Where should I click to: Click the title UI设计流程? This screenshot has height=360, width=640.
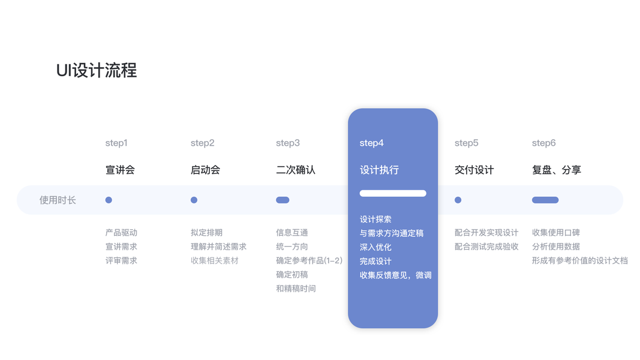pos(97,71)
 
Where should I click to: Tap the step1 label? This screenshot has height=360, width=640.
pos(116,143)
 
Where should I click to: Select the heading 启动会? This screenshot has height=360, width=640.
pos(205,170)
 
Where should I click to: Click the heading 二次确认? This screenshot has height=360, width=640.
pos(295,170)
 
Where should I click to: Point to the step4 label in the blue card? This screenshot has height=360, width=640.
pos(371,143)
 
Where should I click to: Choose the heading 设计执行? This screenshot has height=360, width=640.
pos(379,170)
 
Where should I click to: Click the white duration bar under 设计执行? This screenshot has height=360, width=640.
pos(393,193)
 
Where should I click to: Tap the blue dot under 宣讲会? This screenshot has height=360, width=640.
pos(109,200)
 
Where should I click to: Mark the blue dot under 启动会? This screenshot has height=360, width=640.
pos(194,200)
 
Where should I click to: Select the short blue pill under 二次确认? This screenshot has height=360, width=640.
pos(283,200)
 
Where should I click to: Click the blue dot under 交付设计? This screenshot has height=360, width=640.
pos(458,200)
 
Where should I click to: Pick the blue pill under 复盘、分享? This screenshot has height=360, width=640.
pos(545,200)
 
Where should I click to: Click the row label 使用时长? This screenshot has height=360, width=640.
pos(58,200)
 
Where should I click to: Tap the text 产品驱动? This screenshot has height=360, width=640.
pos(121,233)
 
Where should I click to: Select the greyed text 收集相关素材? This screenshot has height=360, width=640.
pos(214,260)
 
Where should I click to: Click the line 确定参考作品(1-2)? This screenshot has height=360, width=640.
pos(309,260)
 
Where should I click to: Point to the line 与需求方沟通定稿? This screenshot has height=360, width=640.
pos(391,233)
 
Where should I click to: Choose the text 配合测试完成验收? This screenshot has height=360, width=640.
pos(486,247)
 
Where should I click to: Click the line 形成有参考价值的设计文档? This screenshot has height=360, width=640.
pos(579,260)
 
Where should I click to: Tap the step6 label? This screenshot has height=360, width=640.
pos(543,143)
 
